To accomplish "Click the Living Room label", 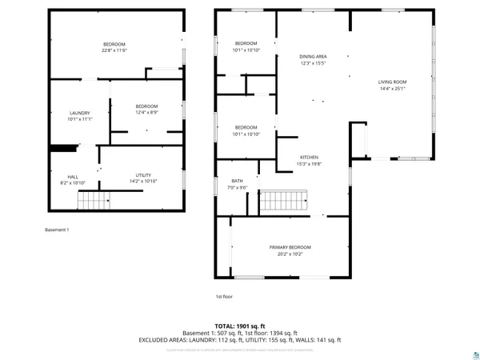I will pos(393,82).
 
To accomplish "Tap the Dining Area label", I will pos(313,56).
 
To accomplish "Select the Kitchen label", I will pos(310,157).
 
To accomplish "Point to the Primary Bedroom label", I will pos(290,247).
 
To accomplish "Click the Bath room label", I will pos(238,181).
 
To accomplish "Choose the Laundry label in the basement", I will pos(80,113).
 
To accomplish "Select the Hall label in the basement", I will pos(73,177).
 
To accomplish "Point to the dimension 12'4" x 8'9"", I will pos(146,113).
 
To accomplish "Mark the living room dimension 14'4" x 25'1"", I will pos(393,88).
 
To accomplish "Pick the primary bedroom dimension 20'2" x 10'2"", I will pos(290,254).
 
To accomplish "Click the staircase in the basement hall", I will pos(97,201).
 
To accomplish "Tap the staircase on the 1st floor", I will pos(285,202).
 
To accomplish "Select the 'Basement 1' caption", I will pos(57,230).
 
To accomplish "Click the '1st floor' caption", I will pos(223,297).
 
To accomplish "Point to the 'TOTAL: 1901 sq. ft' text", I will pos(241,326).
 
